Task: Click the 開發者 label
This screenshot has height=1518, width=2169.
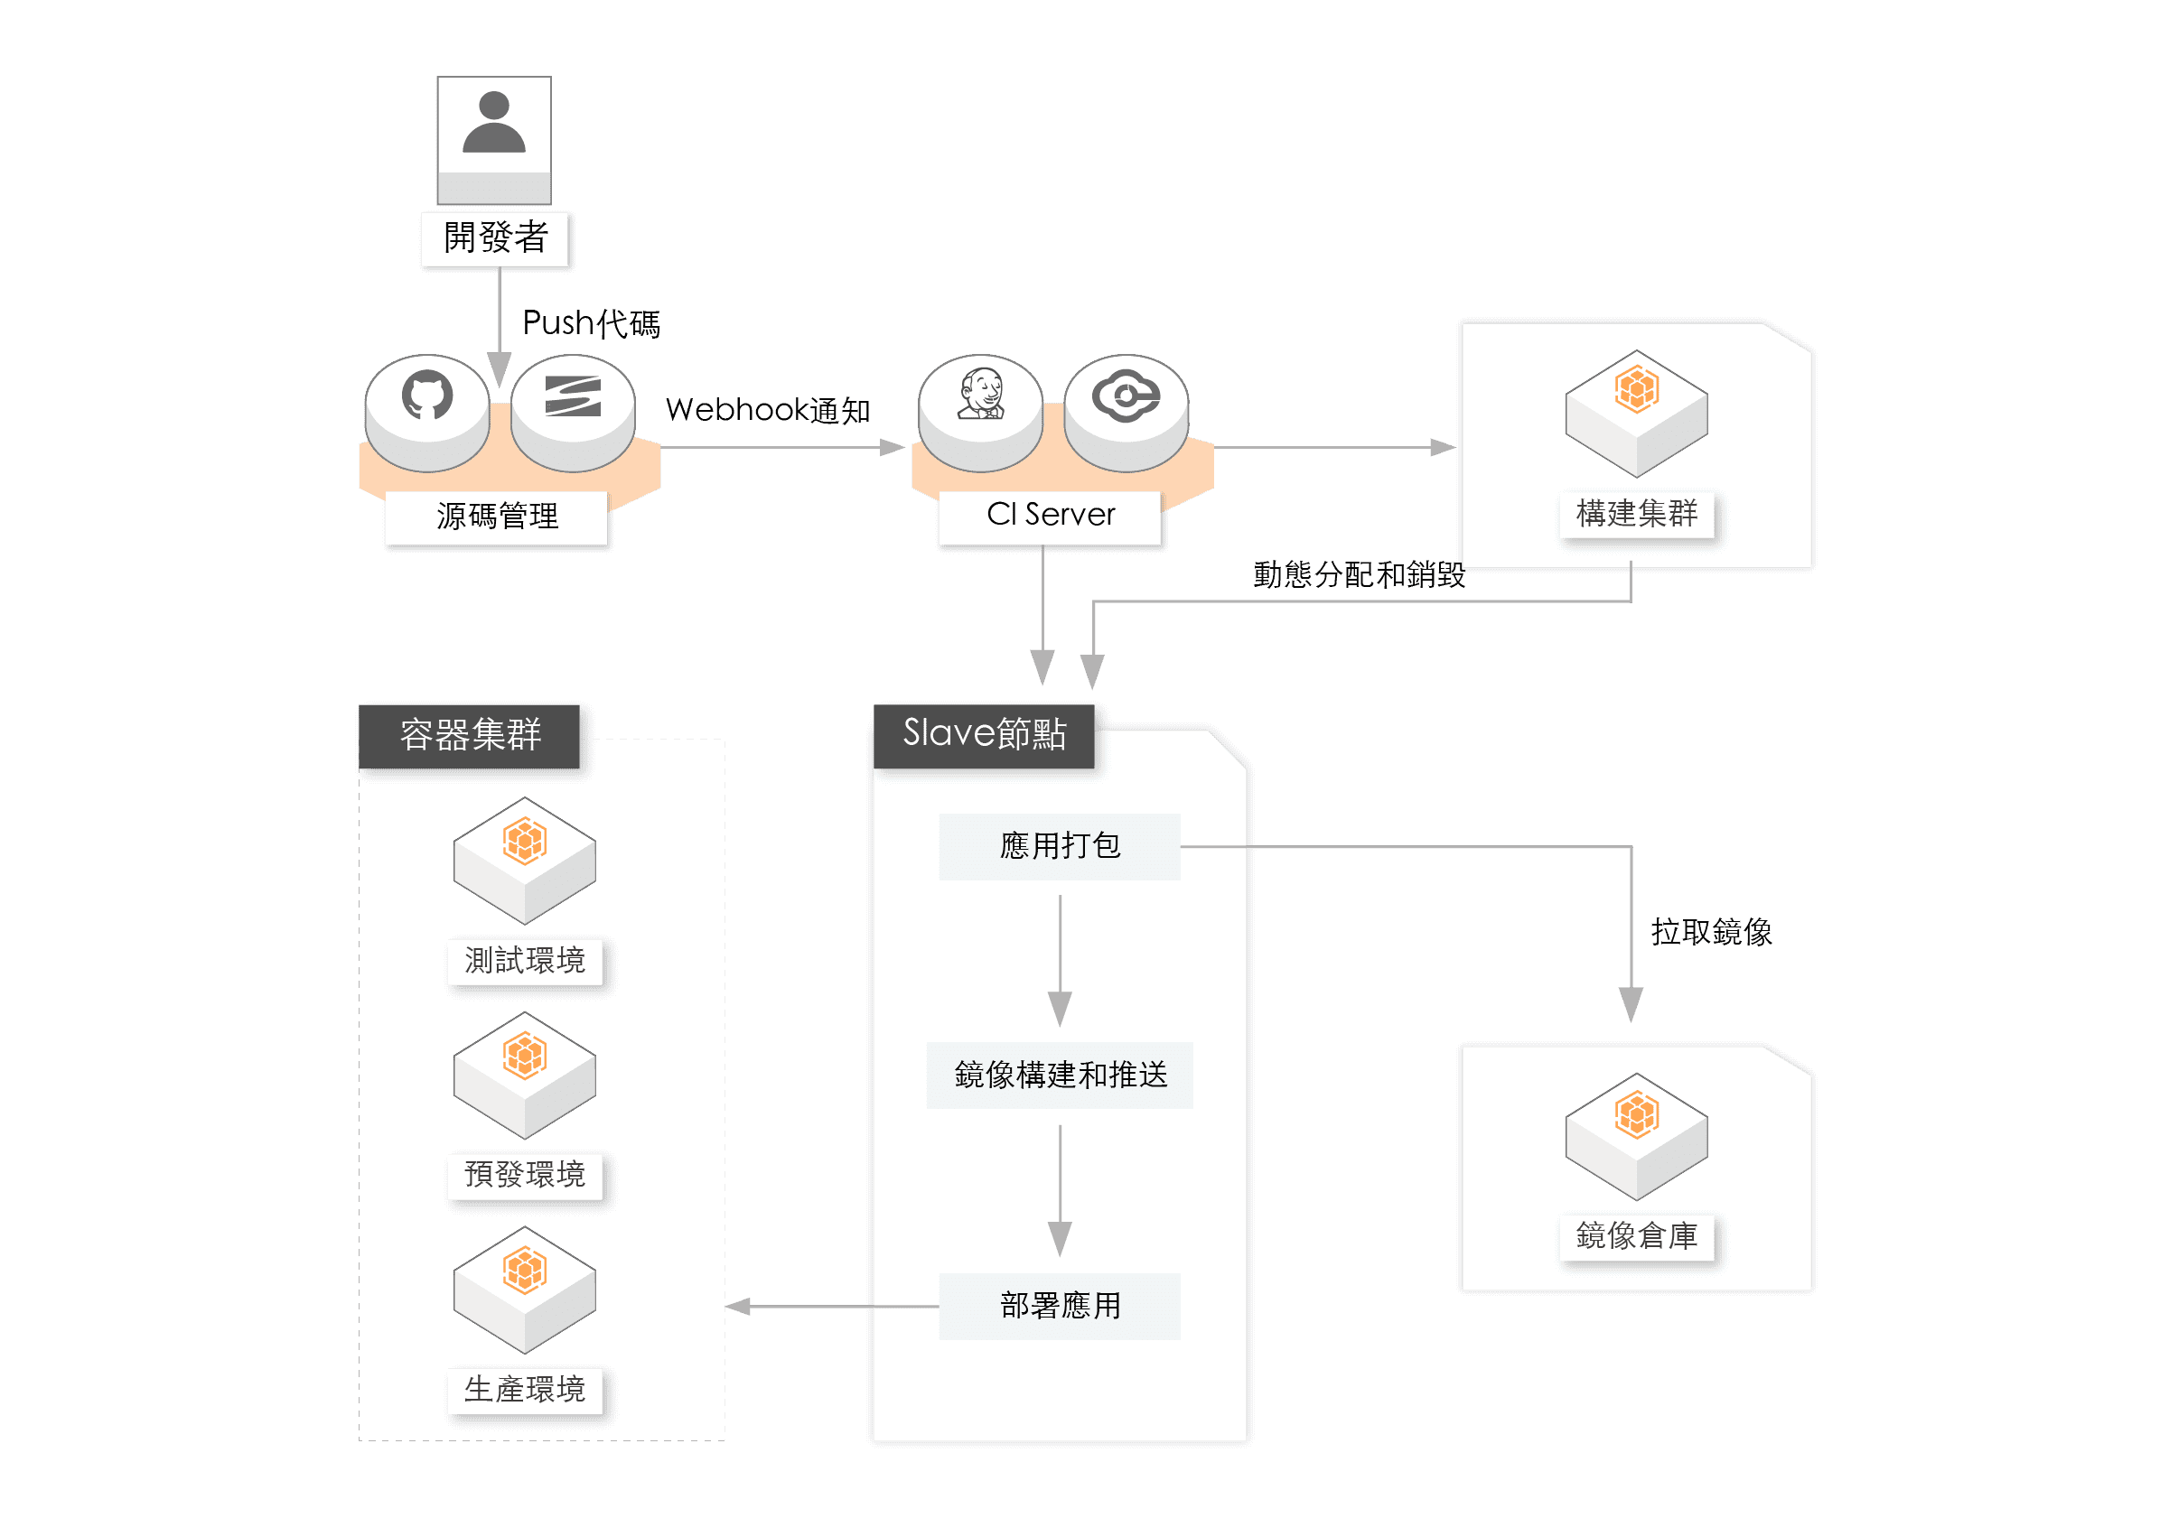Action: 495,237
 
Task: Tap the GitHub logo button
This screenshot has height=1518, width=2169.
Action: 427,397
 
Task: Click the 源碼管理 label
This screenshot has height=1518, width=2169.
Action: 497,516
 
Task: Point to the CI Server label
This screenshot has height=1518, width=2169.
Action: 1050,515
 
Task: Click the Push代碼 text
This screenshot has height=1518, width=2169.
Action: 591,323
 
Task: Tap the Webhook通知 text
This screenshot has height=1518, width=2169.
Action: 767,410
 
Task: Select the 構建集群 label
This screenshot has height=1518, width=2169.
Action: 1636,514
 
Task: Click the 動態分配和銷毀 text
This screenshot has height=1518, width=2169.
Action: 1359,574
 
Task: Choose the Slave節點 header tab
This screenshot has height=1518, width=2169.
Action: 984,734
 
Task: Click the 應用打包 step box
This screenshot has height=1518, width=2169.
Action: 1059,845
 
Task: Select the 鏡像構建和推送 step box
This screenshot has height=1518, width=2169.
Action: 1059,1075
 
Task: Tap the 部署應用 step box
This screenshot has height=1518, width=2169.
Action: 1059,1306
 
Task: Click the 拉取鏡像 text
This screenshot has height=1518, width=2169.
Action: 1711,932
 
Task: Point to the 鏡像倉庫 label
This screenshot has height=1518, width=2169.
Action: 1636,1235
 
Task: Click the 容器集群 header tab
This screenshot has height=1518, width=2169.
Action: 470,735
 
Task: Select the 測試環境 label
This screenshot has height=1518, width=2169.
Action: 524,961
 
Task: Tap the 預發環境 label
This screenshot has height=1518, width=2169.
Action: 524,1174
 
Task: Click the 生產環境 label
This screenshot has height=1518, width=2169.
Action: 524,1390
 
